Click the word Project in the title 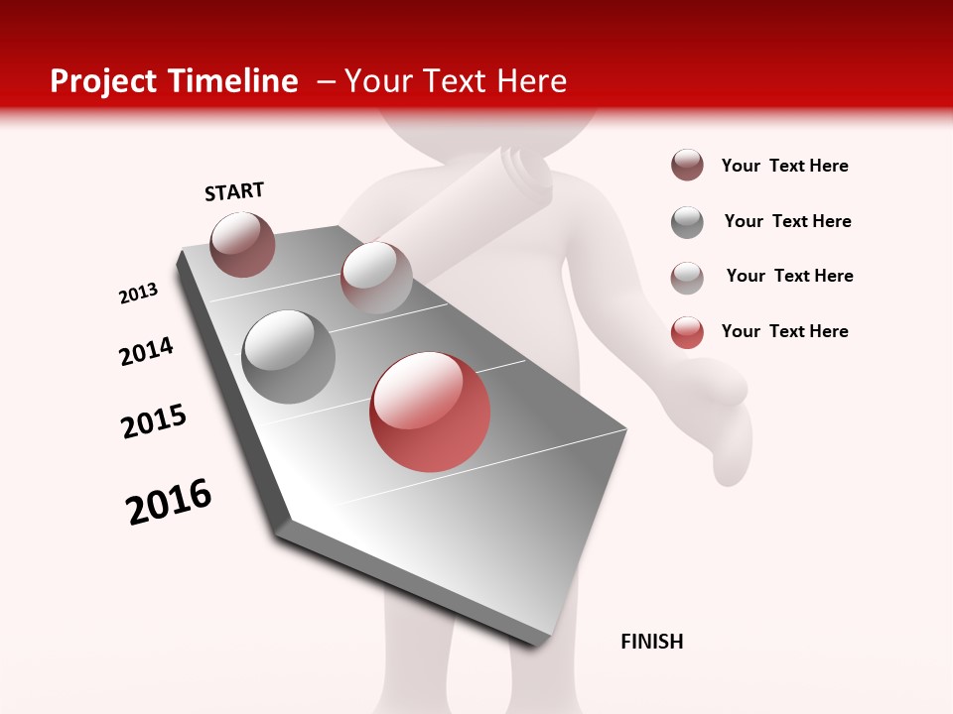point(104,81)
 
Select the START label point(234,191)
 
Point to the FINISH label point(652,642)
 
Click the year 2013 point(139,294)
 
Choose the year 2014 point(147,352)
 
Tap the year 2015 point(154,421)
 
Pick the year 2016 point(170,502)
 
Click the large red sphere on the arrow point(430,412)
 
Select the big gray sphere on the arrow point(289,357)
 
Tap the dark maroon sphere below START point(242,244)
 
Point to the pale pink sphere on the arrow point(376,277)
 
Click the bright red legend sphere point(687,332)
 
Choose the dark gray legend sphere point(687,222)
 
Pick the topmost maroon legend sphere point(687,166)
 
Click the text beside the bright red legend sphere point(785,331)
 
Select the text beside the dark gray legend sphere point(788,221)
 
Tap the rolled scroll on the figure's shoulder point(526,174)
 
